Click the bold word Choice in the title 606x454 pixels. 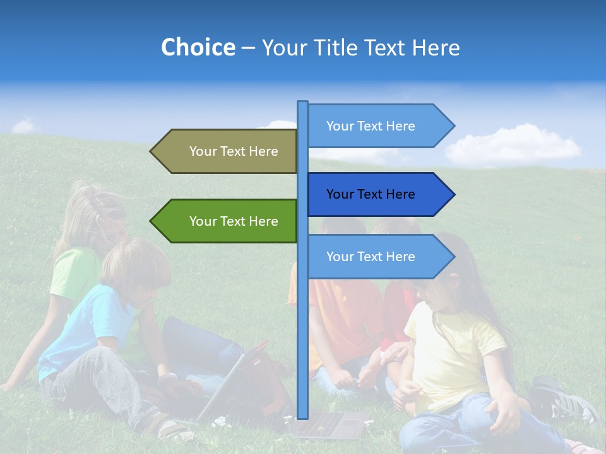198,48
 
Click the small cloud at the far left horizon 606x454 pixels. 24,126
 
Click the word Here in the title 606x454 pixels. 436,48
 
